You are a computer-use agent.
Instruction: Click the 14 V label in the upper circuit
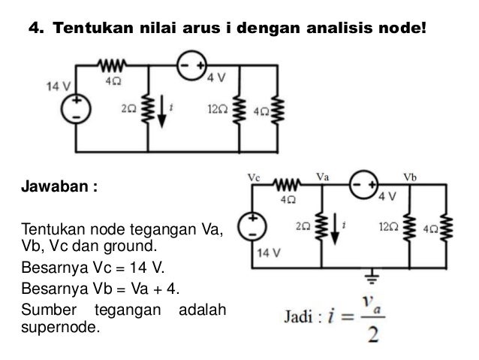click(57, 86)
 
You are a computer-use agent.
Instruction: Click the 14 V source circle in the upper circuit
click(77, 109)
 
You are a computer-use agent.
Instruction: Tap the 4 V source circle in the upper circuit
click(191, 68)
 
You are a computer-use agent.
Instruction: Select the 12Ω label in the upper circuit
click(218, 109)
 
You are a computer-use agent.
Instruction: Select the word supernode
click(60, 327)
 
